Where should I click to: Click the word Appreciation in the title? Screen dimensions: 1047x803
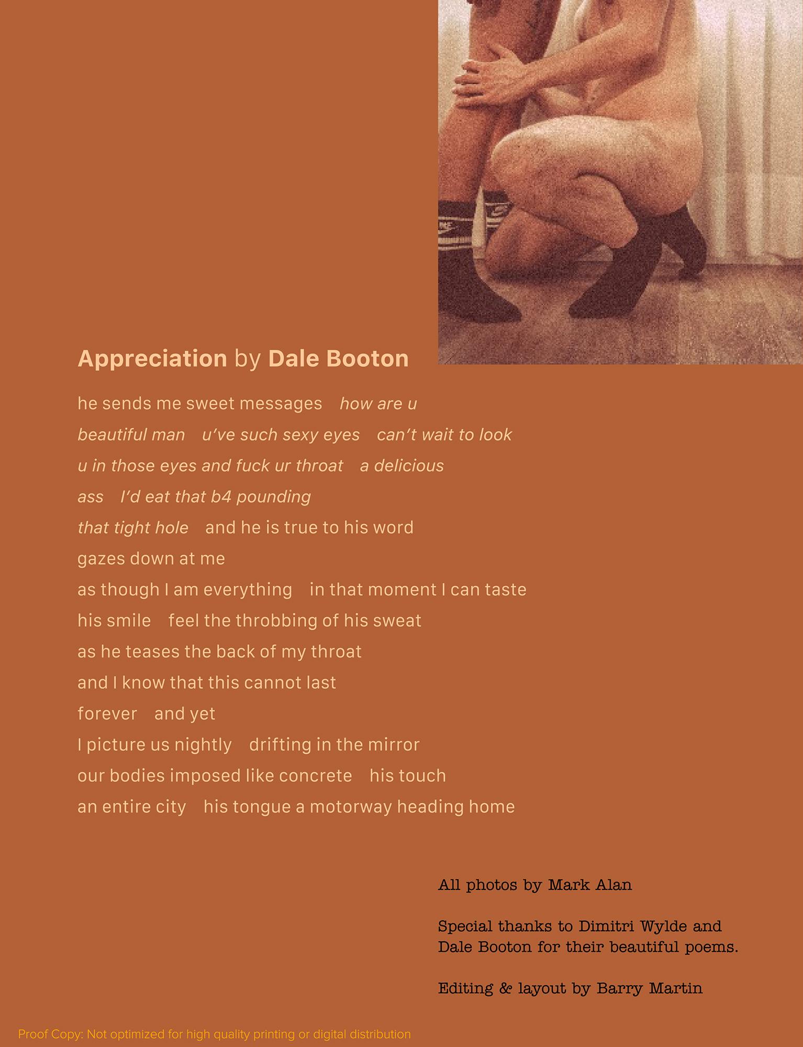152,359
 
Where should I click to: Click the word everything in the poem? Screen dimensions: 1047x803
248,590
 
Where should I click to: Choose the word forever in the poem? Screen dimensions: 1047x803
107,714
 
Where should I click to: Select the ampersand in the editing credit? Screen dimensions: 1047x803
505,988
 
